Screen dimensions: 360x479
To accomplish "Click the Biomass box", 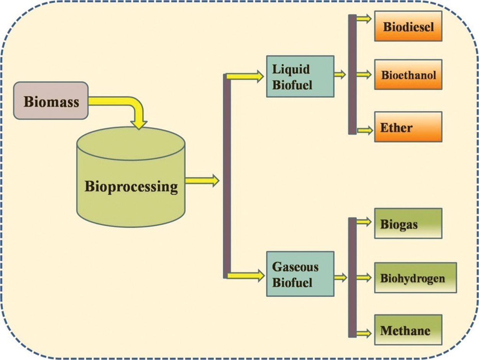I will tap(51, 100).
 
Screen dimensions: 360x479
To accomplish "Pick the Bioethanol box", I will tap(408, 74).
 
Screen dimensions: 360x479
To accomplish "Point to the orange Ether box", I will tap(408, 127).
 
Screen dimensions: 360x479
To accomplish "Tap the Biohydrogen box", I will tap(415, 278).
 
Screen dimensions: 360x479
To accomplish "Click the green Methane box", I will tap(408, 330).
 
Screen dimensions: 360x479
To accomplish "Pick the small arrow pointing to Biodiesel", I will tap(364, 18).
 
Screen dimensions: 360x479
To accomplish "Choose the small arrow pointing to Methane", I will tap(364, 333).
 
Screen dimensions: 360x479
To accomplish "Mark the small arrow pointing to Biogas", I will tap(364, 221).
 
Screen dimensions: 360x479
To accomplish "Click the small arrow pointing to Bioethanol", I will tap(364, 74).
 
